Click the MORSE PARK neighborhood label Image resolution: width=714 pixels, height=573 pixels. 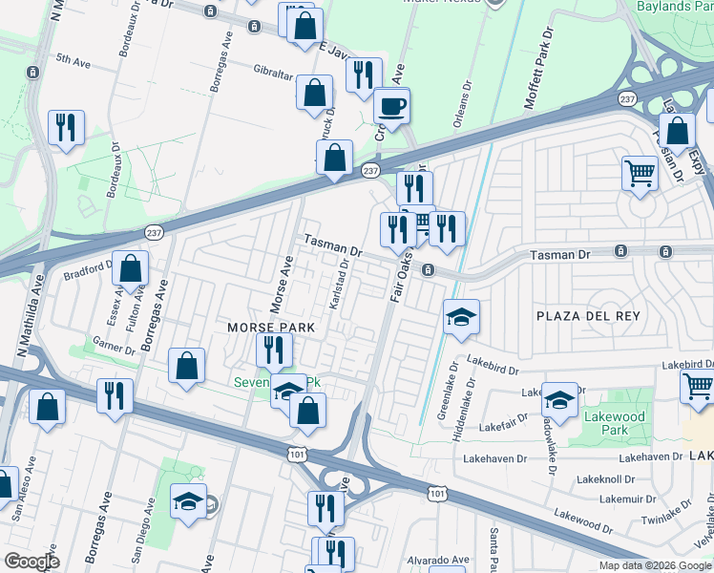271,327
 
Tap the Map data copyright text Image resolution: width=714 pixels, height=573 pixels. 654,565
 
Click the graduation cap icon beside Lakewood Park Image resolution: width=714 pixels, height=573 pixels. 559,398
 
